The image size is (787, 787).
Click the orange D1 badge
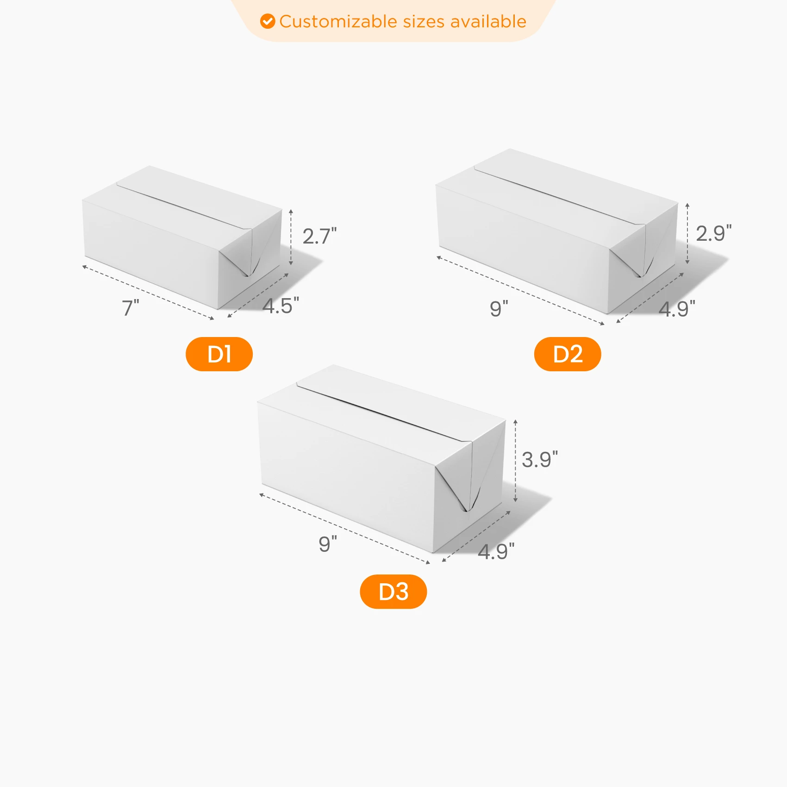coord(219,354)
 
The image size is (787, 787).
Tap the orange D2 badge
coord(568,354)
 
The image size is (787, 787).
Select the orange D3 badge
coord(393,592)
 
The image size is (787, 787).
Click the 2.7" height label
coord(319,237)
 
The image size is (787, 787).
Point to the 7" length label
coord(130,308)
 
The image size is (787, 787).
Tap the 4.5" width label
coord(281,306)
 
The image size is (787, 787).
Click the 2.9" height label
coord(714,233)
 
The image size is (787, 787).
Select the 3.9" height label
coord(540,460)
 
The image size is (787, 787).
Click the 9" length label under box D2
coord(499,309)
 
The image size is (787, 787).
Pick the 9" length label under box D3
coord(328,544)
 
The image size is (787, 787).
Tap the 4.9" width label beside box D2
coord(677,309)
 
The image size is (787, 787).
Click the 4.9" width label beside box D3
coord(496,551)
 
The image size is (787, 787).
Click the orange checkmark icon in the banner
coord(268,21)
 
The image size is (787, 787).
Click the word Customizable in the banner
coord(338,21)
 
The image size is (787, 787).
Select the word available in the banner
coord(488,21)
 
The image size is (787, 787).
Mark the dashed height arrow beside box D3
coord(515,461)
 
